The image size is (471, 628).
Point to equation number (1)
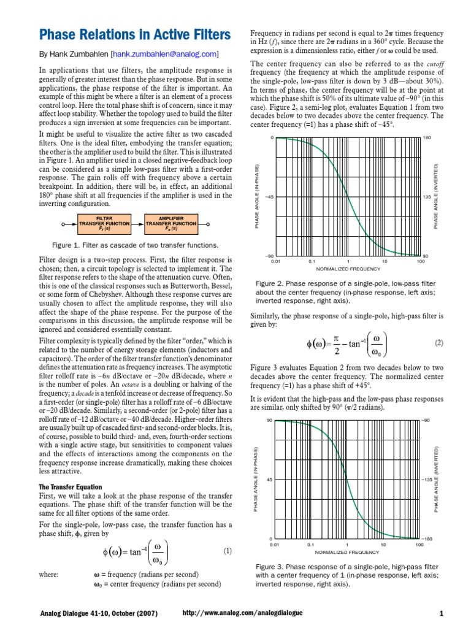227,551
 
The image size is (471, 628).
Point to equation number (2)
438,343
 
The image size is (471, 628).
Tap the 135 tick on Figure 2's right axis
427,197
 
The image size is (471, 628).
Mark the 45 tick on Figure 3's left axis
270,480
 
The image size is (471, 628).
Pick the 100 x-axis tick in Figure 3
419,544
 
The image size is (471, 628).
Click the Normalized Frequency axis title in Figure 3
348,551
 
